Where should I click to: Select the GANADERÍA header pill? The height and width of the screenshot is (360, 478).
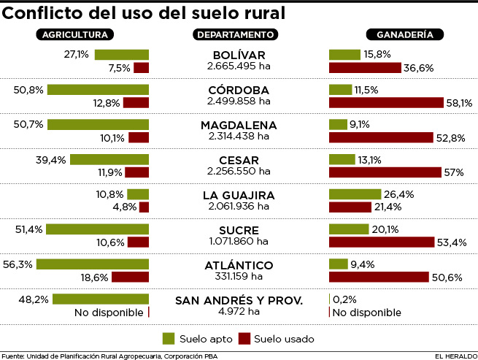coord(399,34)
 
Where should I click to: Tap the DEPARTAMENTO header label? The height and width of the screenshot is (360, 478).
coord(235,34)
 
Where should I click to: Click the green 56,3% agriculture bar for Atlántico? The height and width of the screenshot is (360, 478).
coord(93,264)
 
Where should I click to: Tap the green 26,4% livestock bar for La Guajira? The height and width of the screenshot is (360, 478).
coord(355,194)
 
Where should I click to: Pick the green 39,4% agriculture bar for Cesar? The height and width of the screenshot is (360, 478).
coord(109,159)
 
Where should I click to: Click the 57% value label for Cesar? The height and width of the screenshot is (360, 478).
coord(454,173)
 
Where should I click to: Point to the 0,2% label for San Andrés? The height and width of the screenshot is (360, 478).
coord(347,299)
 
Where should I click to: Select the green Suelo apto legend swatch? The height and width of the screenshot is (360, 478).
coord(169,338)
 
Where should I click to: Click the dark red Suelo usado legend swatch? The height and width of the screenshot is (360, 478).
coord(244,338)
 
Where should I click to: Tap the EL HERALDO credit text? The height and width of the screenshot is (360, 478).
coord(454,356)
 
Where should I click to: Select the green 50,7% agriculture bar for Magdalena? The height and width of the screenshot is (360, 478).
coord(98,124)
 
